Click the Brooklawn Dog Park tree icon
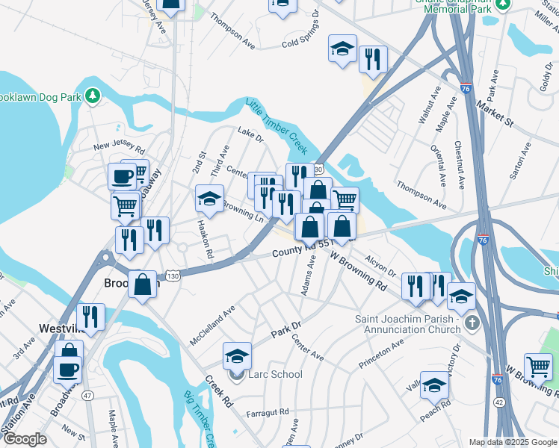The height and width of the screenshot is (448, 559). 92,96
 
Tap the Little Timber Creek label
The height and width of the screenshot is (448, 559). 277,126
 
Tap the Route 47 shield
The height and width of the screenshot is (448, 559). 88,395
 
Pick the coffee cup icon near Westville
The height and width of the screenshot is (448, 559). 68,370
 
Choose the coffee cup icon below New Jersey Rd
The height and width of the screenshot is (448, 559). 123,177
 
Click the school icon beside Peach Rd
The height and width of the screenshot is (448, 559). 434,385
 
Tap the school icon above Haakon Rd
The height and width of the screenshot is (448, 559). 210,198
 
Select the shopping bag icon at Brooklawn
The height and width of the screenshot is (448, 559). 142,284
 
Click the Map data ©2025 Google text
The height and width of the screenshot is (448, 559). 511,441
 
